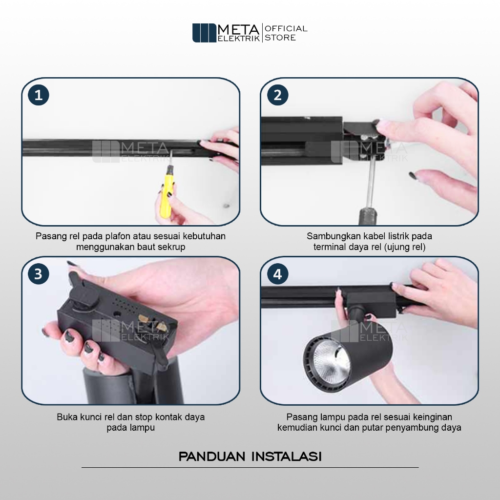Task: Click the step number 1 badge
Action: pos(38,95)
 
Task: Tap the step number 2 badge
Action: pos(277,95)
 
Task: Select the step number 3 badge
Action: pos(38,274)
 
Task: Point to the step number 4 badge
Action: pos(277,274)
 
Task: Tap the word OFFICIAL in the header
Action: pos(286,29)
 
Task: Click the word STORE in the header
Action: pos(280,38)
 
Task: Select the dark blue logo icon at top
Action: pos(204,33)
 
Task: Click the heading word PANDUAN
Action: pos(212,457)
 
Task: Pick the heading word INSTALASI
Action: pos(286,457)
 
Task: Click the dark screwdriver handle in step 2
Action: pos(368,216)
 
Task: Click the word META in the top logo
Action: pos(239,30)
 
